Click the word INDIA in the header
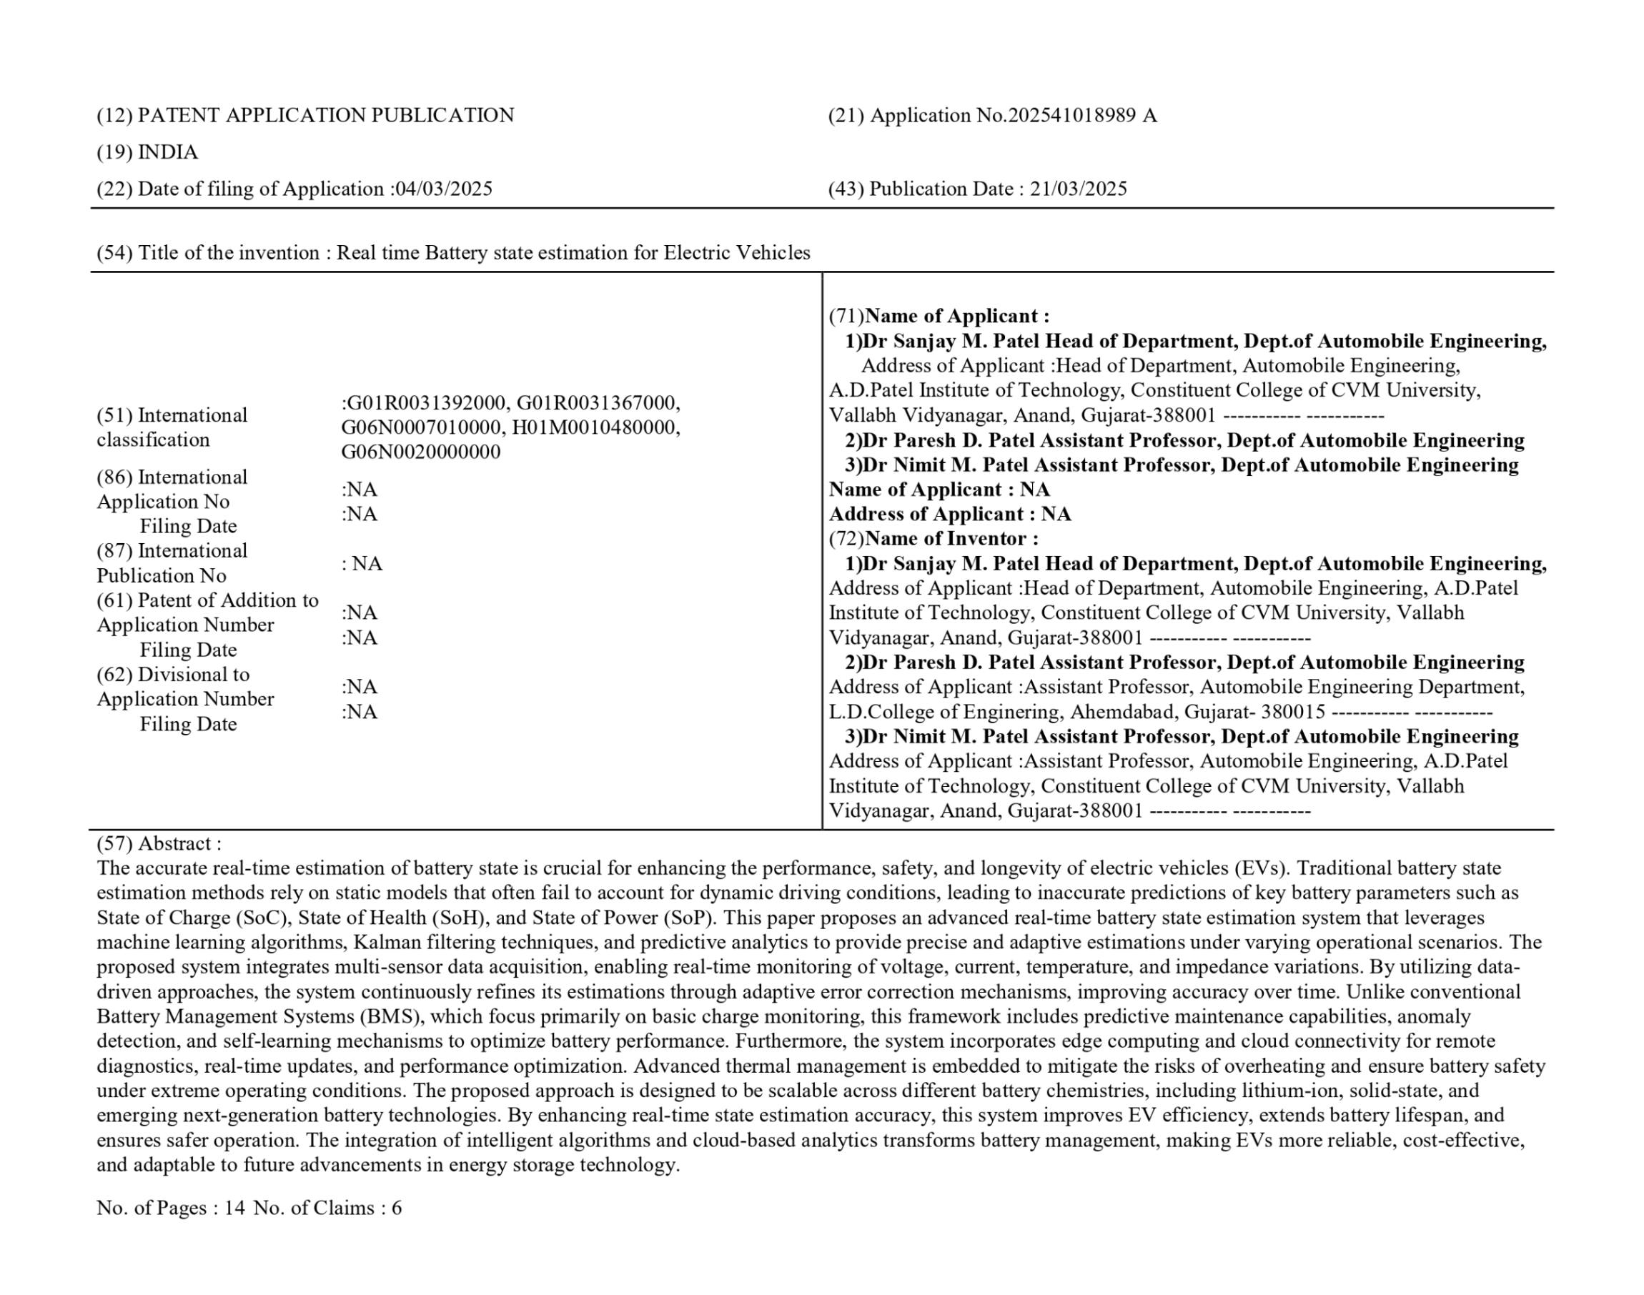(167, 152)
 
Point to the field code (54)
(114, 252)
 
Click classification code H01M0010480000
(595, 427)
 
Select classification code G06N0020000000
(421, 452)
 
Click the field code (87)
(114, 550)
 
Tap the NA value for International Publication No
(367, 563)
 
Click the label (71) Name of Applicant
(939, 316)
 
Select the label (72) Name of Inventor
(934, 538)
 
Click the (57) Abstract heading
(159, 843)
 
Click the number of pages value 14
(234, 1208)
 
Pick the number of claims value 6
(397, 1208)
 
